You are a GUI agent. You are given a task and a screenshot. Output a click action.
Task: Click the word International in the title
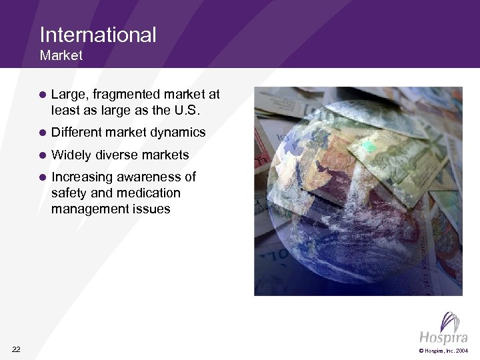pyautogui.click(x=98, y=34)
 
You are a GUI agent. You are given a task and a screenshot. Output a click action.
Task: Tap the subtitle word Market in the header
pyautogui.click(x=61, y=56)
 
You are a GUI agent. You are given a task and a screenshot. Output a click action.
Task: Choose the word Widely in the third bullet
pyautogui.click(x=71, y=155)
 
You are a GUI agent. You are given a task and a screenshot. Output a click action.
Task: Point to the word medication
pyautogui.click(x=148, y=193)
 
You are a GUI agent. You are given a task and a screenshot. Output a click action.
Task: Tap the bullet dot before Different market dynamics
pyautogui.click(x=41, y=133)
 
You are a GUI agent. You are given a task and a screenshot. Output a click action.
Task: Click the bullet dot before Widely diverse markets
pyautogui.click(x=41, y=155)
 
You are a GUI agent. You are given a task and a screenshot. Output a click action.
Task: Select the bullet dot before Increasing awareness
pyautogui.click(x=41, y=178)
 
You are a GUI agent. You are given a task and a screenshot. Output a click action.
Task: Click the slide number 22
pyautogui.click(x=17, y=349)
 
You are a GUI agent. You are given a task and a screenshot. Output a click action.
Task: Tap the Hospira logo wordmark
pyautogui.click(x=440, y=334)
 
